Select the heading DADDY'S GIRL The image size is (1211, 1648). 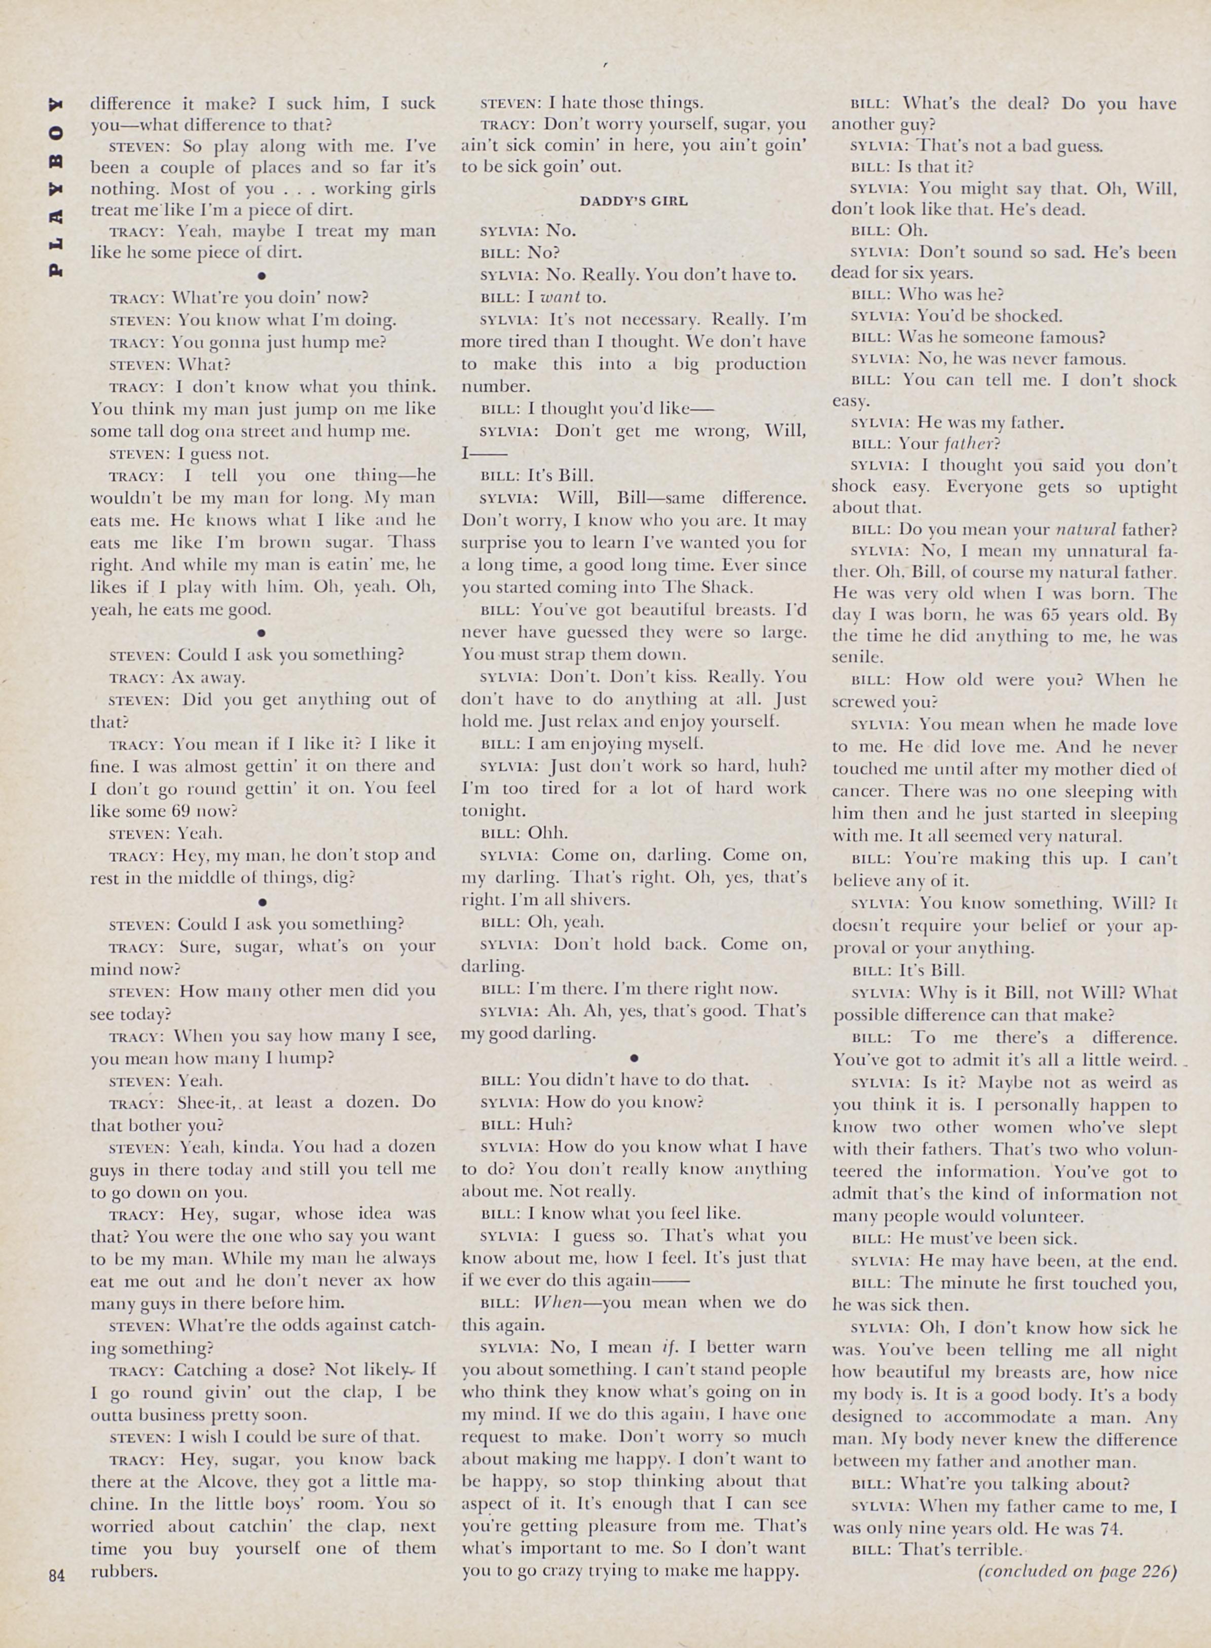[633, 200]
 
